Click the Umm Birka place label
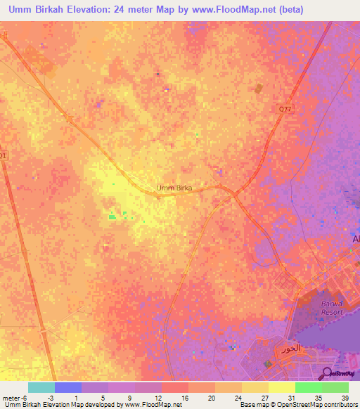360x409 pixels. click(174, 188)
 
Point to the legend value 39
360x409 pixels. click(345, 397)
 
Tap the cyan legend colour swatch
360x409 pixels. click(41, 387)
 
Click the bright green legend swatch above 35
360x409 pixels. click(308, 387)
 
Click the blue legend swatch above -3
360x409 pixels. click(67, 387)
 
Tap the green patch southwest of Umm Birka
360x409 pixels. click(112, 216)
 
